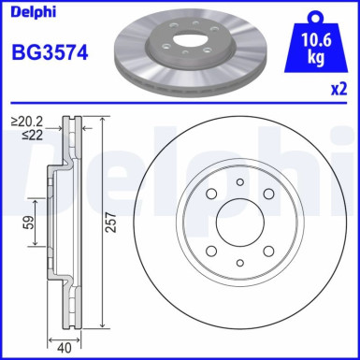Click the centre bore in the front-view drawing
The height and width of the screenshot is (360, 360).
pyautogui.click(x=239, y=222)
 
